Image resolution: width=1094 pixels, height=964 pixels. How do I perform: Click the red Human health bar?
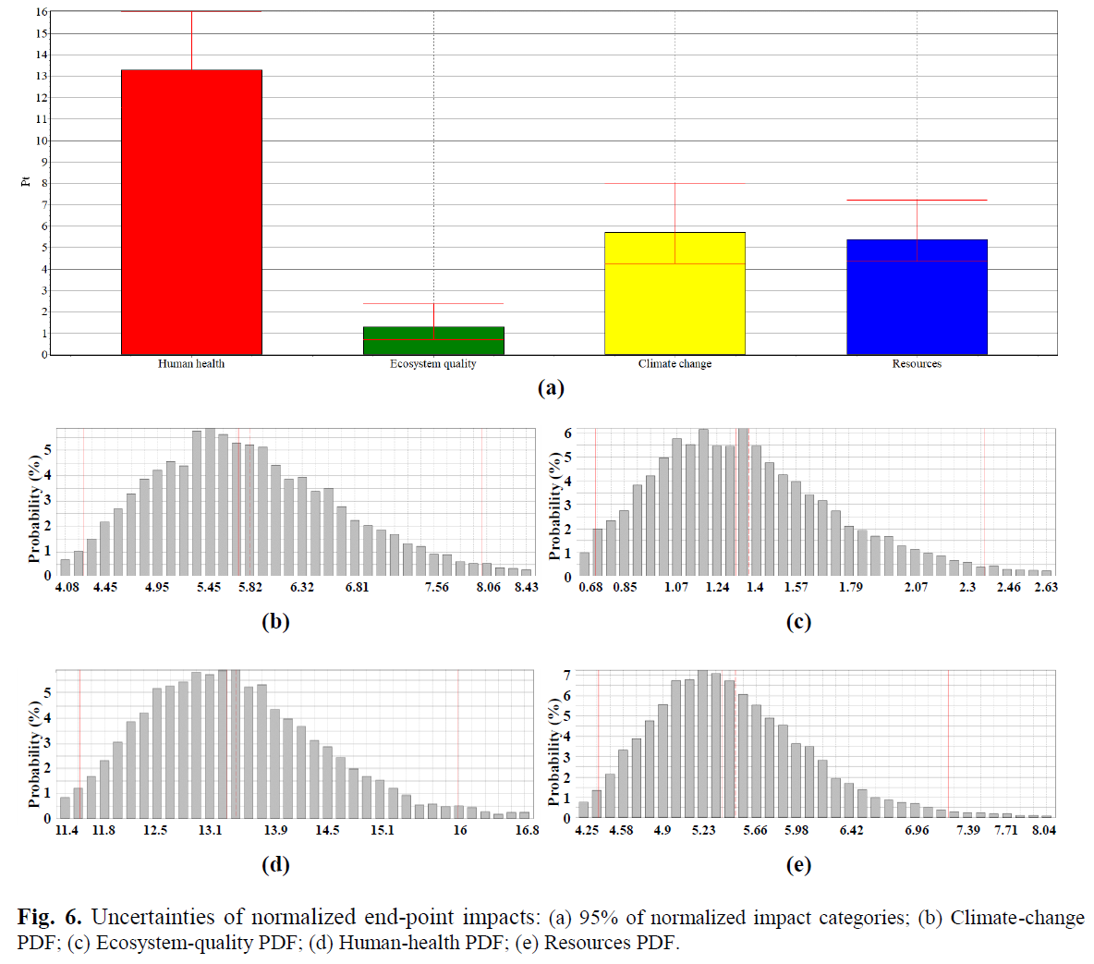(191, 212)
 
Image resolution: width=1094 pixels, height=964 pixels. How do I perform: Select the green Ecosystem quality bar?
(433, 340)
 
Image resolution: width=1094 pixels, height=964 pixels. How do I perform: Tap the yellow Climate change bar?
(675, 293)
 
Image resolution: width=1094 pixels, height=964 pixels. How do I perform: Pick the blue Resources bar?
(917, 297)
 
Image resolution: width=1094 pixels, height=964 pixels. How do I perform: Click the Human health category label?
(191, 364)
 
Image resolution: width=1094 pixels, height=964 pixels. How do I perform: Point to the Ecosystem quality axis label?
(433, 364)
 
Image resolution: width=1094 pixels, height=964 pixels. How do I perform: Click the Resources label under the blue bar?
(917, 364)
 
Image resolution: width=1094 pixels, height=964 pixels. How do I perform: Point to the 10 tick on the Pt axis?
(42, 141)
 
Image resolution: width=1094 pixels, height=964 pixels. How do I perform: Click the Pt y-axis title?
(26, 181)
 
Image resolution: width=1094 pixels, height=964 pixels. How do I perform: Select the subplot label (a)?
(551, 388)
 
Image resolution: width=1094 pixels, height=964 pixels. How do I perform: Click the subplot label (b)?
(275, 622)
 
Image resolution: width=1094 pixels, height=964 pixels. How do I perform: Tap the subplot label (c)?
(798, 622)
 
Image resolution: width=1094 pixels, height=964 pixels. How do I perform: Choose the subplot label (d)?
(275, 865)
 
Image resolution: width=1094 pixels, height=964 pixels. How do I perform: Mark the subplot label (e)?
(798, 865)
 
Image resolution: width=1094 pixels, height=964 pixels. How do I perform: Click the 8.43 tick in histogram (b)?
(526, 588)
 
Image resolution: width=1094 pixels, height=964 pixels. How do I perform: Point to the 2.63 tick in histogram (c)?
(1046, 588)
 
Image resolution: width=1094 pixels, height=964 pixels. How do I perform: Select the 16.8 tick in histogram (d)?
(527, 831)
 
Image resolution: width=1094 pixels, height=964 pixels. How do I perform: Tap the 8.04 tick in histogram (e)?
(1044, 831)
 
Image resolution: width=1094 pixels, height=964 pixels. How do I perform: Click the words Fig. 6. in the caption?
(49, 918)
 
